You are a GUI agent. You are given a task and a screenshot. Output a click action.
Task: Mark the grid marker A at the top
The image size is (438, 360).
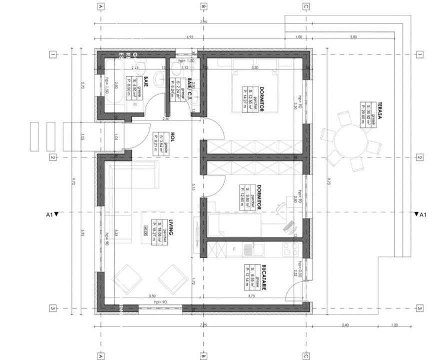click(101, 6)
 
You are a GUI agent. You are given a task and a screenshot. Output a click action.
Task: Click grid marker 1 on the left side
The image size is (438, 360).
click(52, 54)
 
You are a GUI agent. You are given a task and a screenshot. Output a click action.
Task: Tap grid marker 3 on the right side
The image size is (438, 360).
click(420, 308)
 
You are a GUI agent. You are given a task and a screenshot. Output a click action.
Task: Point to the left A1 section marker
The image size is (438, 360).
click(51, 214)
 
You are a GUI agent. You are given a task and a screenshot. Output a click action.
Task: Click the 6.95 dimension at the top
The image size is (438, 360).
click(190, 37)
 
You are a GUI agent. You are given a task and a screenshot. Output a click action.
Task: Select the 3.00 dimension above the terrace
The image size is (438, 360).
click(353, 37)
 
